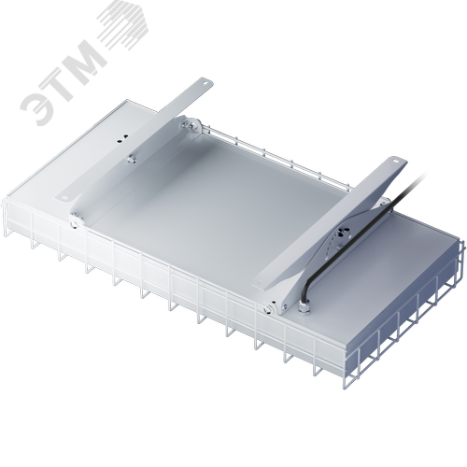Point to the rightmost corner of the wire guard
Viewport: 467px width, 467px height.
pyautogui.click(x=460, y=245)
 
